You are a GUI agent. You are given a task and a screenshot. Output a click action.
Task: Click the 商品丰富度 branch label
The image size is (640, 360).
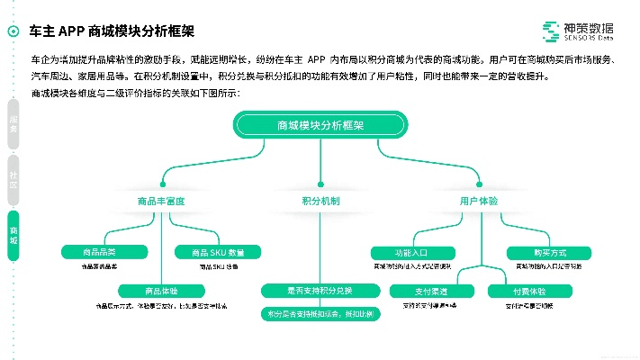coord(161,201)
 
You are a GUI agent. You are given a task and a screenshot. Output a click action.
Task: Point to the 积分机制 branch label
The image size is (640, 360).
coord(320,201)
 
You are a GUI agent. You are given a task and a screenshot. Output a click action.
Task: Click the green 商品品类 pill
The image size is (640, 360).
coord(99,251)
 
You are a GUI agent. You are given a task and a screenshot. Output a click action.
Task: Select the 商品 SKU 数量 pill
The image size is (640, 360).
coord(211,251)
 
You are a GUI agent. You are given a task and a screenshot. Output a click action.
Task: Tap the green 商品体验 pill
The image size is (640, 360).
coord(161,291)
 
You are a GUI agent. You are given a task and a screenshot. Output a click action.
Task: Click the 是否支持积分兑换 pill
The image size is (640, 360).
coord(320,291)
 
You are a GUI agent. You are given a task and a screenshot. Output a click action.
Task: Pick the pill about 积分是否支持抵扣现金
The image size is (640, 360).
coord(320,314)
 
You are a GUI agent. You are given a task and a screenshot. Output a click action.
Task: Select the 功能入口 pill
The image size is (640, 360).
coord(410,252)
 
